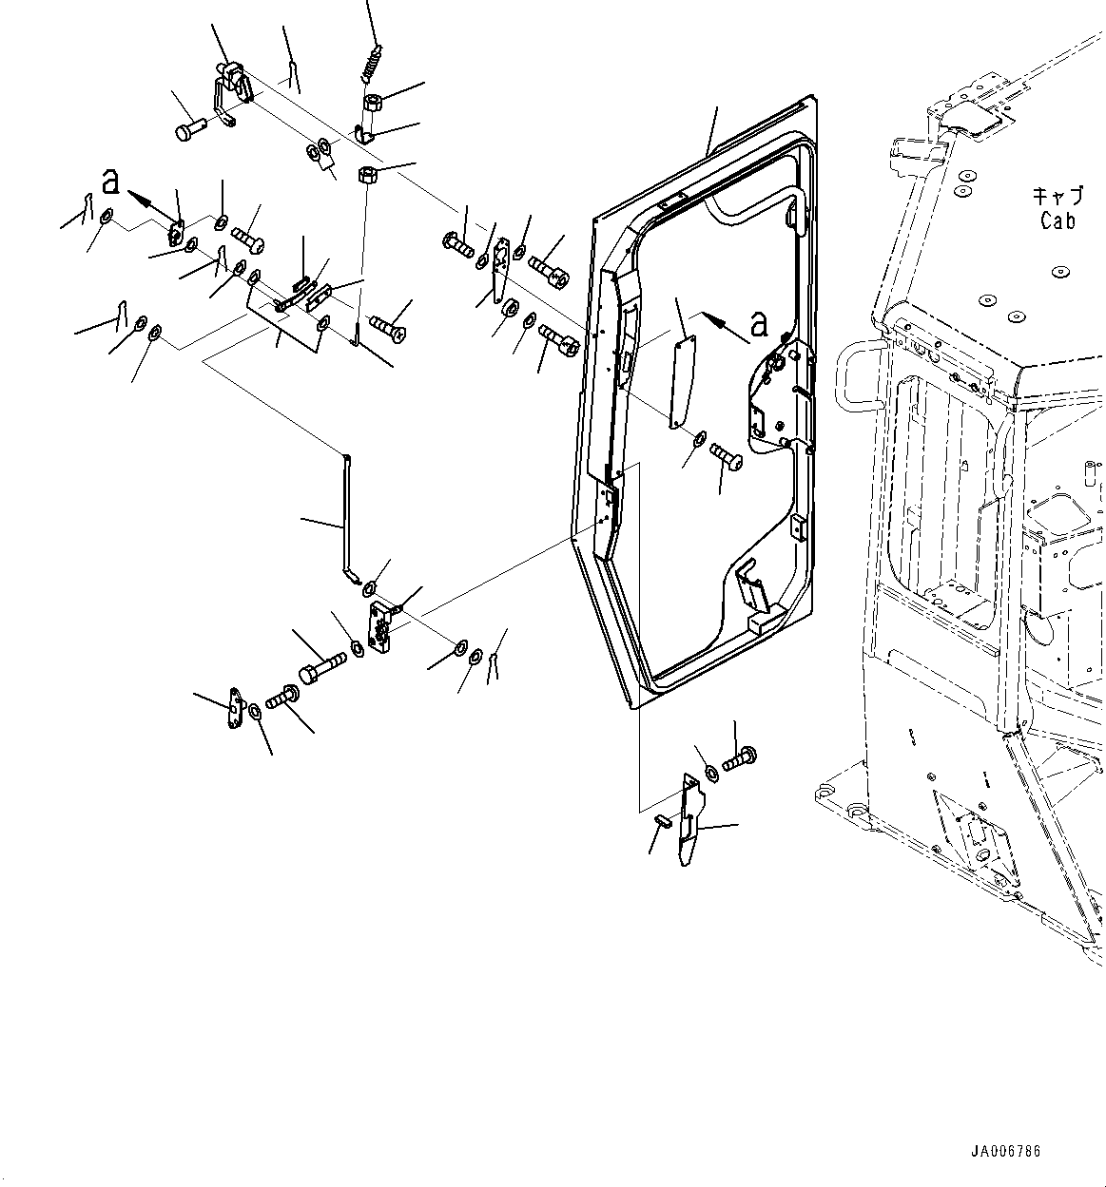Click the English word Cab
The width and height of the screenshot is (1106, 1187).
click(1057, 220)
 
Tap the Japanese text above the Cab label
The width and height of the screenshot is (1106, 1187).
click(1057, 197)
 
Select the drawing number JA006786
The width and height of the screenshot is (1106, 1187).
click(1005, 1151)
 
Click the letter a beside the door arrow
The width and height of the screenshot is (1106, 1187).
click(758, 324)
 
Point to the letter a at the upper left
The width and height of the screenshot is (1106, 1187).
click(111, 181)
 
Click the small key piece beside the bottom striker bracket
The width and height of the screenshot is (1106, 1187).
click(664, 820)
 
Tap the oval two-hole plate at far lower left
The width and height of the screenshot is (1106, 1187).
click(234, 710)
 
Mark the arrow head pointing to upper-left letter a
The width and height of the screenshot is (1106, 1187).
click(133, 196)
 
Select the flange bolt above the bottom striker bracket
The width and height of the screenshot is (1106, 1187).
click(738, 760)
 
